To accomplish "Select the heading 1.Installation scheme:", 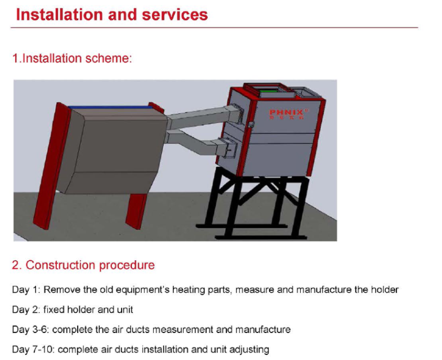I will [x=72, y=58].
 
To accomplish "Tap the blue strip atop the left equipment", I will [x=110, y=106].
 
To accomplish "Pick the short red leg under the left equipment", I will [x=137, y=214].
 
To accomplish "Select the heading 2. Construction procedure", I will [x=83, y=265].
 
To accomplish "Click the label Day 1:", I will [x=26, y=290].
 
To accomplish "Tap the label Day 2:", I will [x=26, y=309].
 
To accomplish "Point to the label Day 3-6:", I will [x=30, y=329].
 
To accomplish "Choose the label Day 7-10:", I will [x=33, y=349].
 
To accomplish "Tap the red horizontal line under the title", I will [x=214, y=27].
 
